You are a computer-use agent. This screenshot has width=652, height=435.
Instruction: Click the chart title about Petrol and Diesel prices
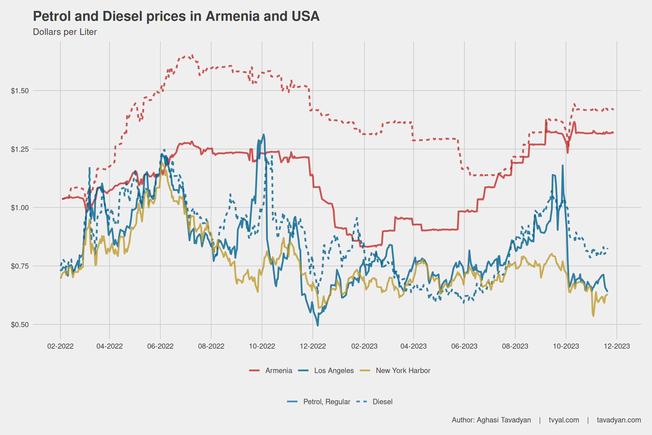tap(176, 16)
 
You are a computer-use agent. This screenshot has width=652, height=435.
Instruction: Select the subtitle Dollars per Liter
tap(65, 32)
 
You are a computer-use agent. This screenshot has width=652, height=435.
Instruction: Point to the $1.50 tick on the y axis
tap(20, 91)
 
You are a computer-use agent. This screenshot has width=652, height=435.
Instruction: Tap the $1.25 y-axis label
tap(20, 149)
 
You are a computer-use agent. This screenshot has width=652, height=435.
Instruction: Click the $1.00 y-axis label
tap(20, 208)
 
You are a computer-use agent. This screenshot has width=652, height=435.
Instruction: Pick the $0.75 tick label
tap(20, 266)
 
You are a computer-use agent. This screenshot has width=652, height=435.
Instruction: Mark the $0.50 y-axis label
tap(20, 325)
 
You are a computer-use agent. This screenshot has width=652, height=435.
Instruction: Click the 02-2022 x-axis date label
tap(60, 346)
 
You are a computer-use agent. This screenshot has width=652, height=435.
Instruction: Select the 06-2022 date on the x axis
tap(160, 346)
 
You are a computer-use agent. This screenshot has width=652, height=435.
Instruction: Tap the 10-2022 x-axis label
tap(262, 346)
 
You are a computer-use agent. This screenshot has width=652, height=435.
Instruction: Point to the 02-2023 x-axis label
tap(364, 346)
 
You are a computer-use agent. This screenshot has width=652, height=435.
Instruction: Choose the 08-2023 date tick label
tap(515, 346)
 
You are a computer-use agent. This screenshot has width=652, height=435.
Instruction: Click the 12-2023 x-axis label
tap(617, 346)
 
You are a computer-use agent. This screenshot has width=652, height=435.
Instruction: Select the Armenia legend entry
tap(278, 370)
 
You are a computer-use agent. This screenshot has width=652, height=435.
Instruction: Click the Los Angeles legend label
tap(334, 370)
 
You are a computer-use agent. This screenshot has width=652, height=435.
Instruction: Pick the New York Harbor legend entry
tap(403, 370)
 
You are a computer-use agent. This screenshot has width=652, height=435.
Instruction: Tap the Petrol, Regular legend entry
tap(327, 402)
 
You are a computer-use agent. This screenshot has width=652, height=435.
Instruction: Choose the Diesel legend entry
tap(382, 402)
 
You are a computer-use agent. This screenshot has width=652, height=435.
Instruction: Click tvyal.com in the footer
tap(564, 420)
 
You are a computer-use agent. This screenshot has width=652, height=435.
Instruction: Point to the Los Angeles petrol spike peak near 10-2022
tap(263, 135)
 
